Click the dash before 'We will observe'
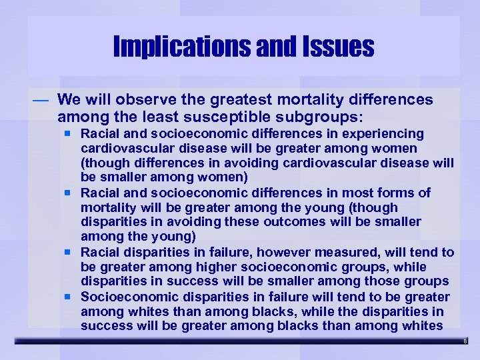(x=41, y=100)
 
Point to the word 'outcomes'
(x=289, y=222)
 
